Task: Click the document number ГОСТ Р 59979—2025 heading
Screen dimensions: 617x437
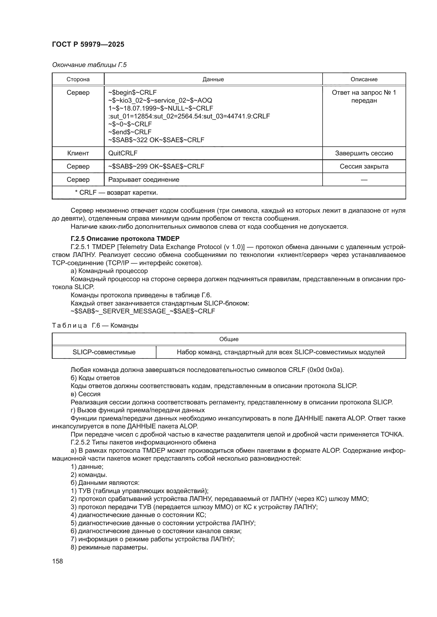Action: coord(88,44)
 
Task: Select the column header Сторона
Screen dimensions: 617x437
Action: coord(78,79)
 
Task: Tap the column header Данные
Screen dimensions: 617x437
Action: coord(213,79)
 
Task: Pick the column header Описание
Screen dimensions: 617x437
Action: coord(364,79)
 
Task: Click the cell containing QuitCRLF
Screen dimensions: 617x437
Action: coord(123,153)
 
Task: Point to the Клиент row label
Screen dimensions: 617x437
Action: coord(78,153)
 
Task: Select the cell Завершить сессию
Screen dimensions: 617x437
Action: coord(364,153)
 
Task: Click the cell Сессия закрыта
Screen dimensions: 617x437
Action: coord(364,166)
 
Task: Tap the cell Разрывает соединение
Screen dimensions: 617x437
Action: coord(144,180)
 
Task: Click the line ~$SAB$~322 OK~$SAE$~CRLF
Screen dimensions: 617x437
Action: coord(156,140)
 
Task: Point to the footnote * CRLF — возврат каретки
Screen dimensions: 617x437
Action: coord(116,193)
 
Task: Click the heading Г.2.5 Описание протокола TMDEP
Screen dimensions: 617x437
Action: coord(125,239)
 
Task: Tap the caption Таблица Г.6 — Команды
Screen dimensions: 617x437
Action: coord(95,326)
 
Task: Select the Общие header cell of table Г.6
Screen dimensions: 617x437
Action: coord(229,339)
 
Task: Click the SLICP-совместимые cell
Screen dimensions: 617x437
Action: coord(104,352)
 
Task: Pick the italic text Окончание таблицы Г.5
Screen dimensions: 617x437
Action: coord(89,65)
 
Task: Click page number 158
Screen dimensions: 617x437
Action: coord(57,561)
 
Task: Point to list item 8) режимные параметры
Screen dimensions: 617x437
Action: coord(109,547)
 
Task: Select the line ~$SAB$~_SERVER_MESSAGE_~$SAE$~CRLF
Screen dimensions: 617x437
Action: coord(143,311)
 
